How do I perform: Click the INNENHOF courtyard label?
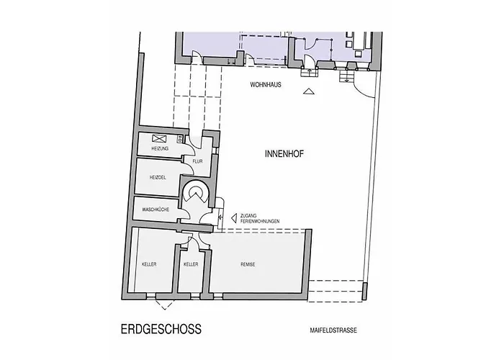284,154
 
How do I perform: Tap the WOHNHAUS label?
266,85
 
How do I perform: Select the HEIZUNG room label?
160,148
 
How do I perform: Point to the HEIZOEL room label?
158,177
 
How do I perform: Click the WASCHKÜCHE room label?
156,210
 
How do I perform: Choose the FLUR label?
198,161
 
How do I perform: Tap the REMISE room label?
248,264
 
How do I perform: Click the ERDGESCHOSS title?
161,329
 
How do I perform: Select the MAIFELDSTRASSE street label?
333,330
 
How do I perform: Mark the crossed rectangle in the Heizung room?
159,138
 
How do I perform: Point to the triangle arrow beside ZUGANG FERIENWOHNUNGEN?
234,218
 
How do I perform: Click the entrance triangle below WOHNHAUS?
309,91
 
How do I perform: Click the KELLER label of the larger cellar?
149,264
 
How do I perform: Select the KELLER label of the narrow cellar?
191,264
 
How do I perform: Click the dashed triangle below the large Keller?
165,305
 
